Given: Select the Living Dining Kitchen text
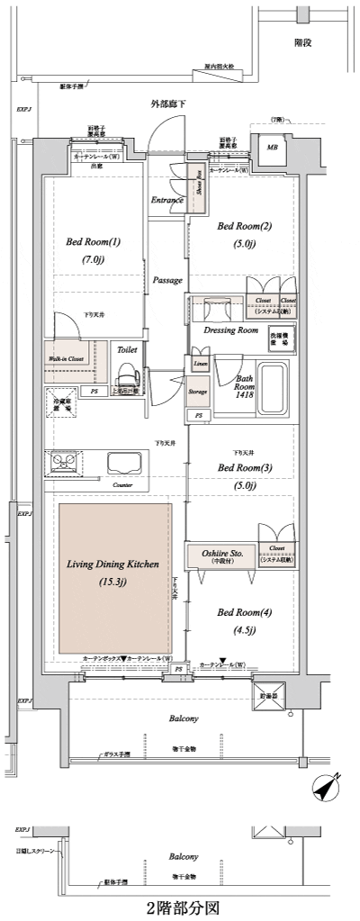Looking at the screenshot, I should pos(113,564).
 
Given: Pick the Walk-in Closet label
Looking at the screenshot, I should pos(66,358).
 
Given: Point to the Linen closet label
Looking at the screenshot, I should pos(198,362).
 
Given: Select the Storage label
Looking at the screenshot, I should pos(198,392).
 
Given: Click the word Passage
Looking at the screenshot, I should pos(166,280).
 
